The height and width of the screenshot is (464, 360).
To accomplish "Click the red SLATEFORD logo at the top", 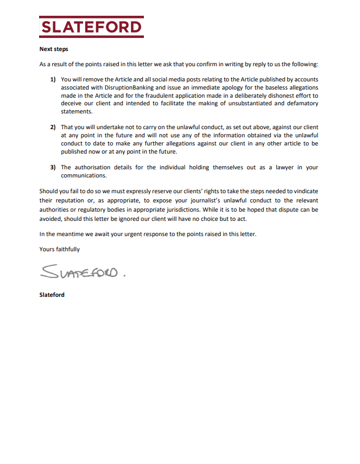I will point(91,27).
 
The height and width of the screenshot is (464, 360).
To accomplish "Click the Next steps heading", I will point(54,49).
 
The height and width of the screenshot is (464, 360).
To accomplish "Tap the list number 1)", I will point(53,79).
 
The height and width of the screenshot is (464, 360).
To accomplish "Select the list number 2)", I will point(53,127).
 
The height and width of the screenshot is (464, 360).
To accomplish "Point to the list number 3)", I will point(53,167).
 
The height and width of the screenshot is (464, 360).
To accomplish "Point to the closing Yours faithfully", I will point(60,249).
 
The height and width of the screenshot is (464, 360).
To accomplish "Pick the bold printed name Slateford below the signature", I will point(52,295).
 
